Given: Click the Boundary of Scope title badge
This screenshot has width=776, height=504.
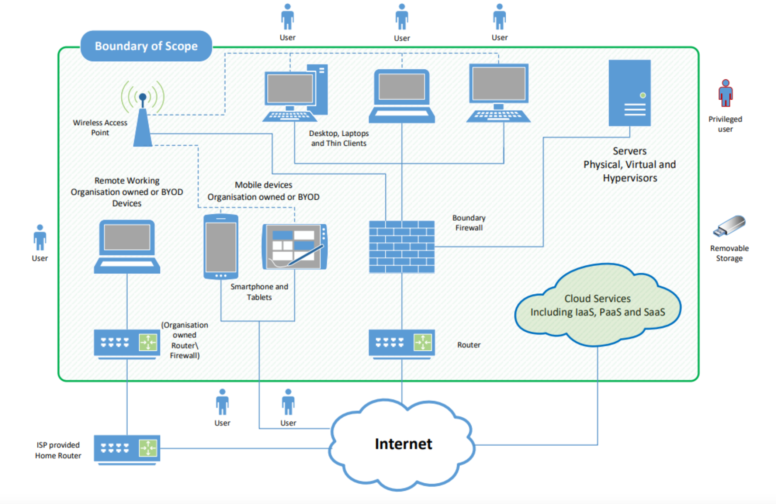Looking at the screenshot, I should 146,46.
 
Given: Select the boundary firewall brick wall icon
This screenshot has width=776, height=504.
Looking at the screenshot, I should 402,246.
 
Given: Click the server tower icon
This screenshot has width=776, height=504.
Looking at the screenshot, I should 630,93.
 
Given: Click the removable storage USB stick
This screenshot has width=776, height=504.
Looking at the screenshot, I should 729,225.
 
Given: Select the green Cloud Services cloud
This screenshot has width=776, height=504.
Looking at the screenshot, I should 597,305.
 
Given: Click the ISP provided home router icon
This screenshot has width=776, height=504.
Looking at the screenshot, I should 127,449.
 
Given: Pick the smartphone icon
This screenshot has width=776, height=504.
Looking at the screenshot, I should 221,246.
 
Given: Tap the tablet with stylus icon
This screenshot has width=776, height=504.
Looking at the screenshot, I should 294,246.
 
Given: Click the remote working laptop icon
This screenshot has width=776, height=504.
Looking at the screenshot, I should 127,246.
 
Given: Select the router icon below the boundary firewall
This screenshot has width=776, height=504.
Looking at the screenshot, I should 402,343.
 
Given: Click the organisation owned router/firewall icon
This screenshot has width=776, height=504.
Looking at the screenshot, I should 127,343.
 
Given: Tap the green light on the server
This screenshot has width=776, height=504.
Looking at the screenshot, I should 643,95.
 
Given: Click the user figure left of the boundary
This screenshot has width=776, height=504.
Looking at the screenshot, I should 40,238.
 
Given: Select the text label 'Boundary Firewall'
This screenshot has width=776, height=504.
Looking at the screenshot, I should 469,223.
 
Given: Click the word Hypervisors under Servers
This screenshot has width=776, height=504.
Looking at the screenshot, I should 630,178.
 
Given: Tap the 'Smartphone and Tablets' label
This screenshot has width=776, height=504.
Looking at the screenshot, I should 259,292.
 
